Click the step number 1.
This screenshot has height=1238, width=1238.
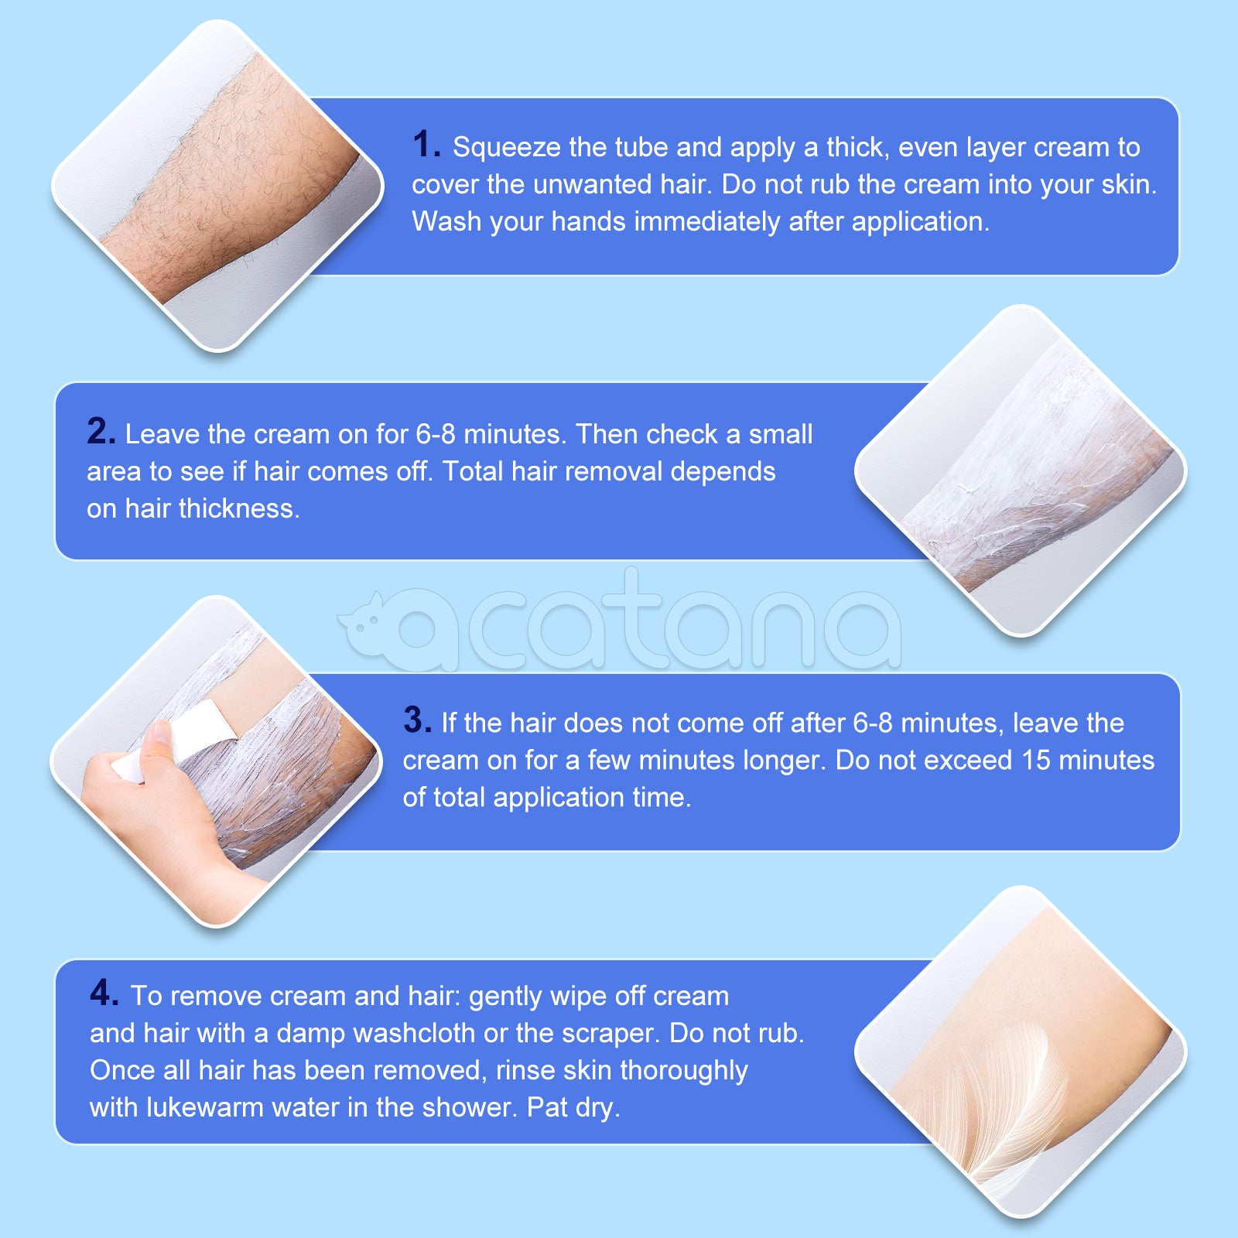tap(425, 145)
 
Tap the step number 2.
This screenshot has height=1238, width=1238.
tap(101, 432)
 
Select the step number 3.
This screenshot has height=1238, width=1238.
tap(416, 720)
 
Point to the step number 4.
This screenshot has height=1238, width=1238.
tap(104, 993)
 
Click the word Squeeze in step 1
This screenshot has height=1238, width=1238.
tap(506, 148)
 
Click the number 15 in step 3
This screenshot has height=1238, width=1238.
tap(1036, 761)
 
